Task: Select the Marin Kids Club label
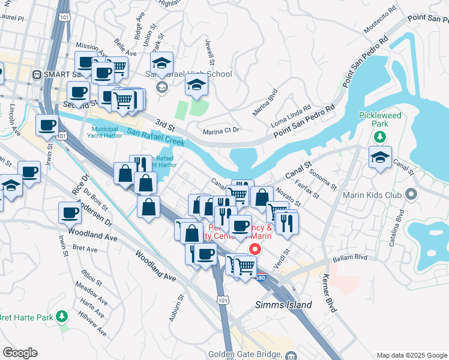click(371, 194)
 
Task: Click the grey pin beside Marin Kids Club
click(411, 194)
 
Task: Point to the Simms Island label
click(284, 305)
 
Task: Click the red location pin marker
click(255, 250)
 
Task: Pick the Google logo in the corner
click(20, 353)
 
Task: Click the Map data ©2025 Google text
click(411, 355)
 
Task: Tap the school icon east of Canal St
click(380, 158)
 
